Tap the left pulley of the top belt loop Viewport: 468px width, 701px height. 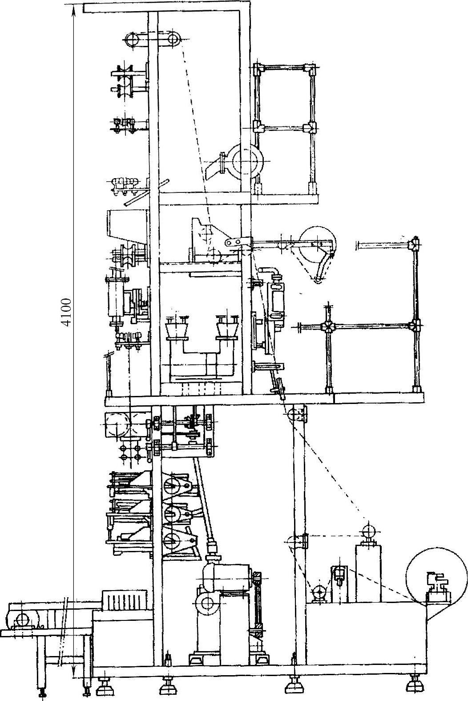pos(132,40)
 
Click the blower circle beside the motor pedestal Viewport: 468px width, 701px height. pos(206,603)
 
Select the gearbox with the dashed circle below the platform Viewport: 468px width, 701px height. pos(118,425)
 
